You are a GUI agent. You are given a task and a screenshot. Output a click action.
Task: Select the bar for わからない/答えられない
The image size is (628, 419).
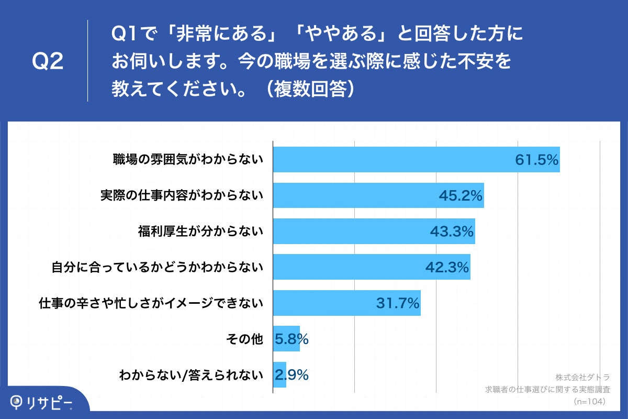tap(280, 374)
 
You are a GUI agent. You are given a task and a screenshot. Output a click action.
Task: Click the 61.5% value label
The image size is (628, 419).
tap(537, 160)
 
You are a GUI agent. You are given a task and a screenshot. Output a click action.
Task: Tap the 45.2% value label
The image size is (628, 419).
tap(460, 196)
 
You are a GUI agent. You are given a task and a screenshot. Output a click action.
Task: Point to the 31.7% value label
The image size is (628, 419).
tap(398, 303)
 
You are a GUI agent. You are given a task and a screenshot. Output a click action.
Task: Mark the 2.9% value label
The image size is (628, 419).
tap(291, 375)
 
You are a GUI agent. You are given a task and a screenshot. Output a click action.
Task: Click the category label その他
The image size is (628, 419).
tap(244, 339)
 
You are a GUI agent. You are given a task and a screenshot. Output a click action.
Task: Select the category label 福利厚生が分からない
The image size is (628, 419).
tap(200, 231)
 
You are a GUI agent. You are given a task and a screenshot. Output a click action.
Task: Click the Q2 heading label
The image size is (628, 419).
tap(48, 61)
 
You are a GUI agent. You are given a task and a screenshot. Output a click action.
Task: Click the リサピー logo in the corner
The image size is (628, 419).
tap(42, 402)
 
